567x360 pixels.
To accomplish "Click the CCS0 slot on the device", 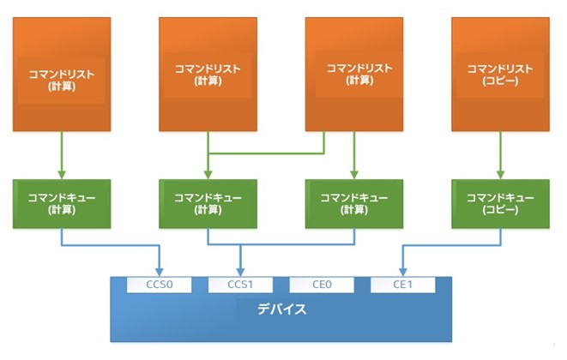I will pyautogui.click(x=159, y=285).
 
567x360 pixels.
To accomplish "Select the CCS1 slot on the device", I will pyautogui.click(x=240, y=285).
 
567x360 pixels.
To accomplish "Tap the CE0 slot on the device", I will pyautogui.click(x=322, y=285).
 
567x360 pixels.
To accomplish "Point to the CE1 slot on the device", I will pyautogui.click(x=402, y=285).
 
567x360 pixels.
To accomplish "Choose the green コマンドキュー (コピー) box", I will pyautogui.click(x=499, y=204).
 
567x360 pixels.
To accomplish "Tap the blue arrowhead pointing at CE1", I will pyautogui.click(x=402, y=272).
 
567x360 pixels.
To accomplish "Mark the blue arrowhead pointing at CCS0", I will pyautogui.click(x=159, y=272).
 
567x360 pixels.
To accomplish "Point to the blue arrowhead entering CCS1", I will pyautogui.click(x=240, y=272).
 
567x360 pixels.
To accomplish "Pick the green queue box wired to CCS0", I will pyautogui.click(x=63, y=204).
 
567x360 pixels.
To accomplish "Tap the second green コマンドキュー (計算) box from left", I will pyautogui.click(x=208, y=204).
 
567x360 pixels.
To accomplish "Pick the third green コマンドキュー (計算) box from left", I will pyautogui.click(x=354, y=204).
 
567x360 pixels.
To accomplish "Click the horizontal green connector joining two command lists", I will pyautogui.click(x=266, y=154).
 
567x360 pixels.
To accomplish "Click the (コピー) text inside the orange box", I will pyautogui.click(x=499, y=81).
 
